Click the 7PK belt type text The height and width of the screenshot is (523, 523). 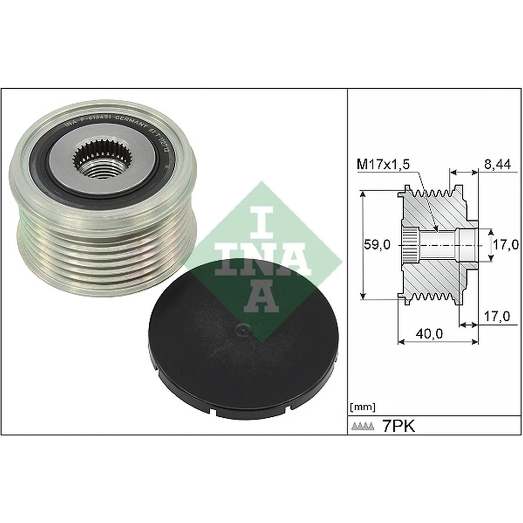pos(399,426)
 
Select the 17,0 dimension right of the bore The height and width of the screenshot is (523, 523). pos(504,245)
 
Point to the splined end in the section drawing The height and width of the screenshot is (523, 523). pos(409,245)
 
